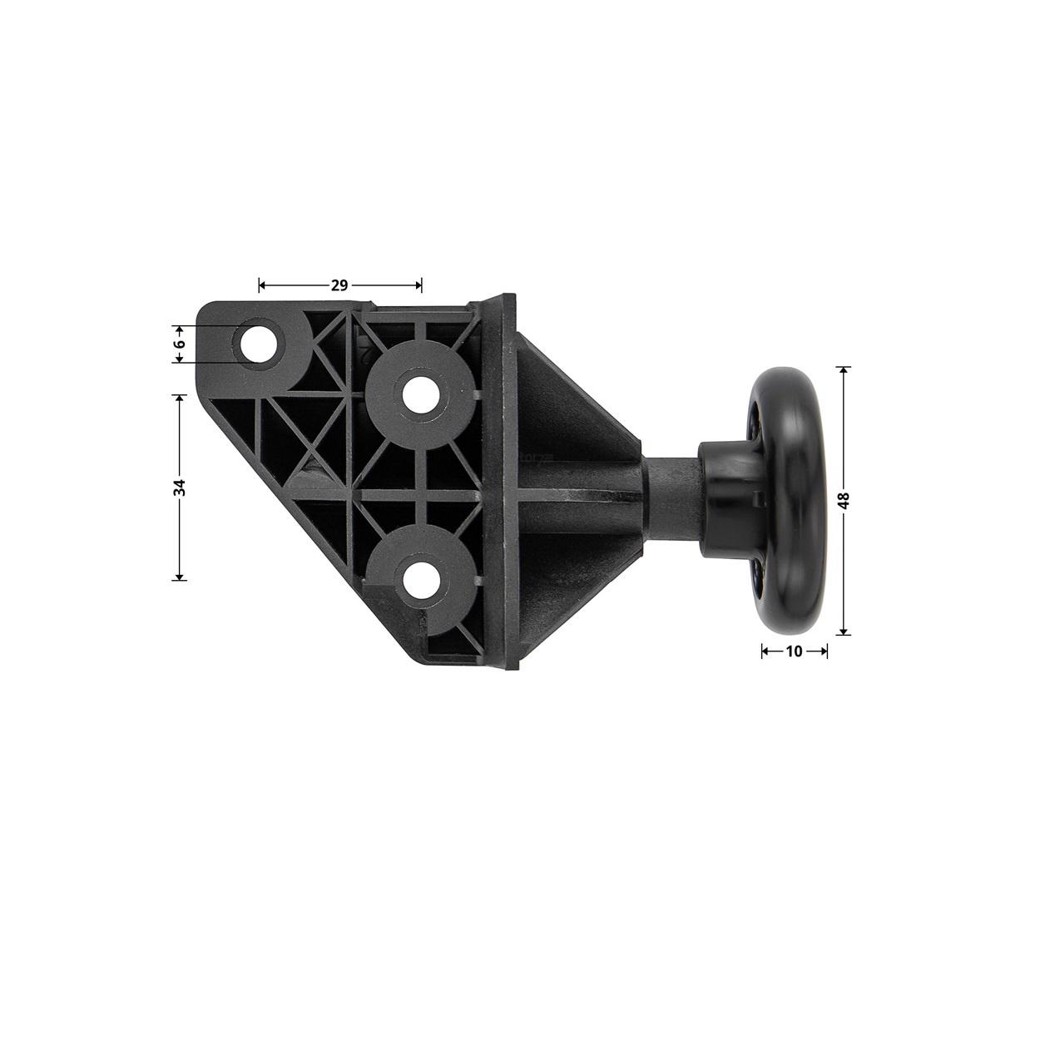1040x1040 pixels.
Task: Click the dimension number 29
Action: coord(339,285)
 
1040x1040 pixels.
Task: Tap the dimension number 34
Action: coord(181,488)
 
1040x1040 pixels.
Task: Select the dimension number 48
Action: coord(844,500)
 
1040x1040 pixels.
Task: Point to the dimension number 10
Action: coord(794,651)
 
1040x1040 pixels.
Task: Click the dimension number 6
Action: coord(181,344)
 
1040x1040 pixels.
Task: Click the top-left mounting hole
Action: coord(257,344)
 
